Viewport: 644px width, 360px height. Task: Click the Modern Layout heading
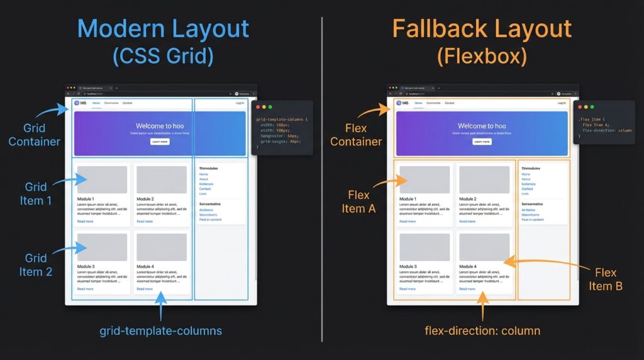click(x=163, y=30)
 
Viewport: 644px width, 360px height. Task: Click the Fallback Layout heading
click(x=482, y=30)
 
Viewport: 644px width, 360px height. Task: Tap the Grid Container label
click(x=35, y=135)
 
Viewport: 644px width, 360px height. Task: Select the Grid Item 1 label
click(x=35, y=193)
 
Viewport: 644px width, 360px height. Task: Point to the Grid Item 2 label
click(x=35, y=265)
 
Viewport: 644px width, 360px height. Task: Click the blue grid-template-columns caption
click(x=161, y=330)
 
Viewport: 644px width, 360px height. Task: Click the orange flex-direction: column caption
click(x=482, y=330)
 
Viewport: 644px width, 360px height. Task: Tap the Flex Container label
click(x=356, y=135)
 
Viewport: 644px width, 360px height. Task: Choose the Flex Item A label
click(x=358, y=201)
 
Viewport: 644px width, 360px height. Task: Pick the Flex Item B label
click(x=606, y=279)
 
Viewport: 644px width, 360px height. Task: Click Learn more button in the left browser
click(x=160, y=142)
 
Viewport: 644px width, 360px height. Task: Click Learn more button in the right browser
click(x=482, y=142)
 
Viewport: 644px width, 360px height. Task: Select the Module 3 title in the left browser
click(x=86, y=267)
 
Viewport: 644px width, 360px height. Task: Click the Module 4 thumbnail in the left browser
click(x=162, y=247)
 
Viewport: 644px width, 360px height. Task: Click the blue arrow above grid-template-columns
click(x=161, y=305)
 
